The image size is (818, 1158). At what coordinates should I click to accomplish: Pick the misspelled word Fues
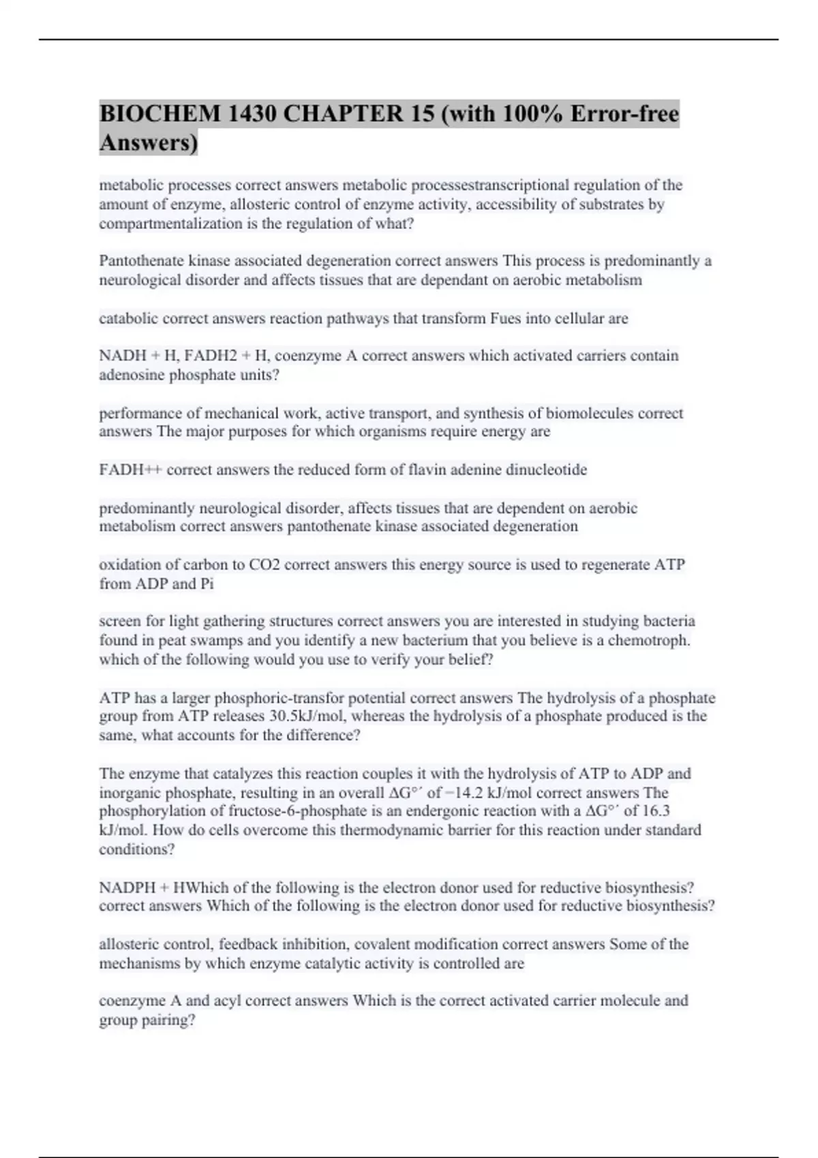coord(505,318)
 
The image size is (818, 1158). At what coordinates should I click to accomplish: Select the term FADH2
coord(207,356)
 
